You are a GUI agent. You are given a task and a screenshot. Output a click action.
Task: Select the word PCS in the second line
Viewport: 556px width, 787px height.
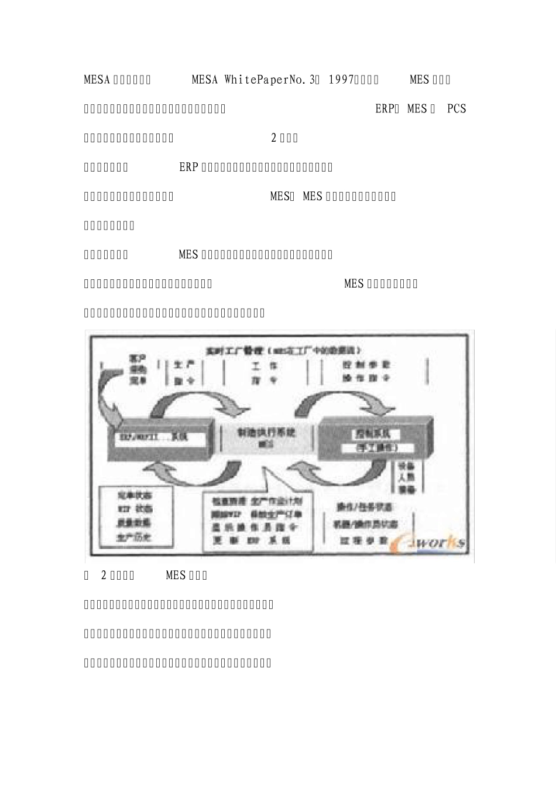click(457, 109)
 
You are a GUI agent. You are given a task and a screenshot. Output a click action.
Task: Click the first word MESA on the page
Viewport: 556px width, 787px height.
click(97, 80)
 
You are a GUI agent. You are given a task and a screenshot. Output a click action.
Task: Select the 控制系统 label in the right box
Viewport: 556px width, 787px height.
click(376, 434)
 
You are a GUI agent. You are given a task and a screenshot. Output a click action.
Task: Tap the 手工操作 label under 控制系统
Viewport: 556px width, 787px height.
click(376, 447)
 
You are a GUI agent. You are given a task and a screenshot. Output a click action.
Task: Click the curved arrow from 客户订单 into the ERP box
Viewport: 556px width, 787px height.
click(108, 395)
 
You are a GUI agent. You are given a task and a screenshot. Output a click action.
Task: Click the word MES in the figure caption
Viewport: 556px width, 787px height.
click(175, 575)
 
